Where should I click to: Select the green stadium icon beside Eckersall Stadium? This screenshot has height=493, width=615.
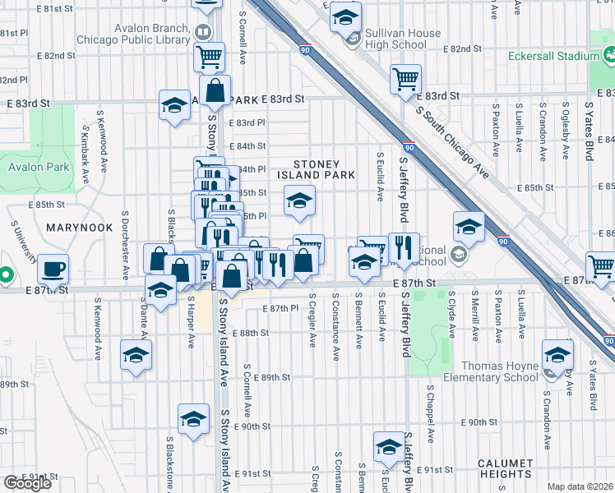pos(610,55)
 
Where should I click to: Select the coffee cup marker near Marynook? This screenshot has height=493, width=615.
pos(53,269)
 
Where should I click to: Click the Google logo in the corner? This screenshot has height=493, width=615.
pos(27,482)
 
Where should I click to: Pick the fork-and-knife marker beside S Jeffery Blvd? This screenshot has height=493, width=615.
pos(404,247)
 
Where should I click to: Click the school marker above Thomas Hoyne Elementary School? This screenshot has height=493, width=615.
pos(557,355)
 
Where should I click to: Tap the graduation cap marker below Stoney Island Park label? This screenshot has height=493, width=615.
pos(299,200)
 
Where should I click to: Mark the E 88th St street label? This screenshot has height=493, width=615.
pos(251,333)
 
